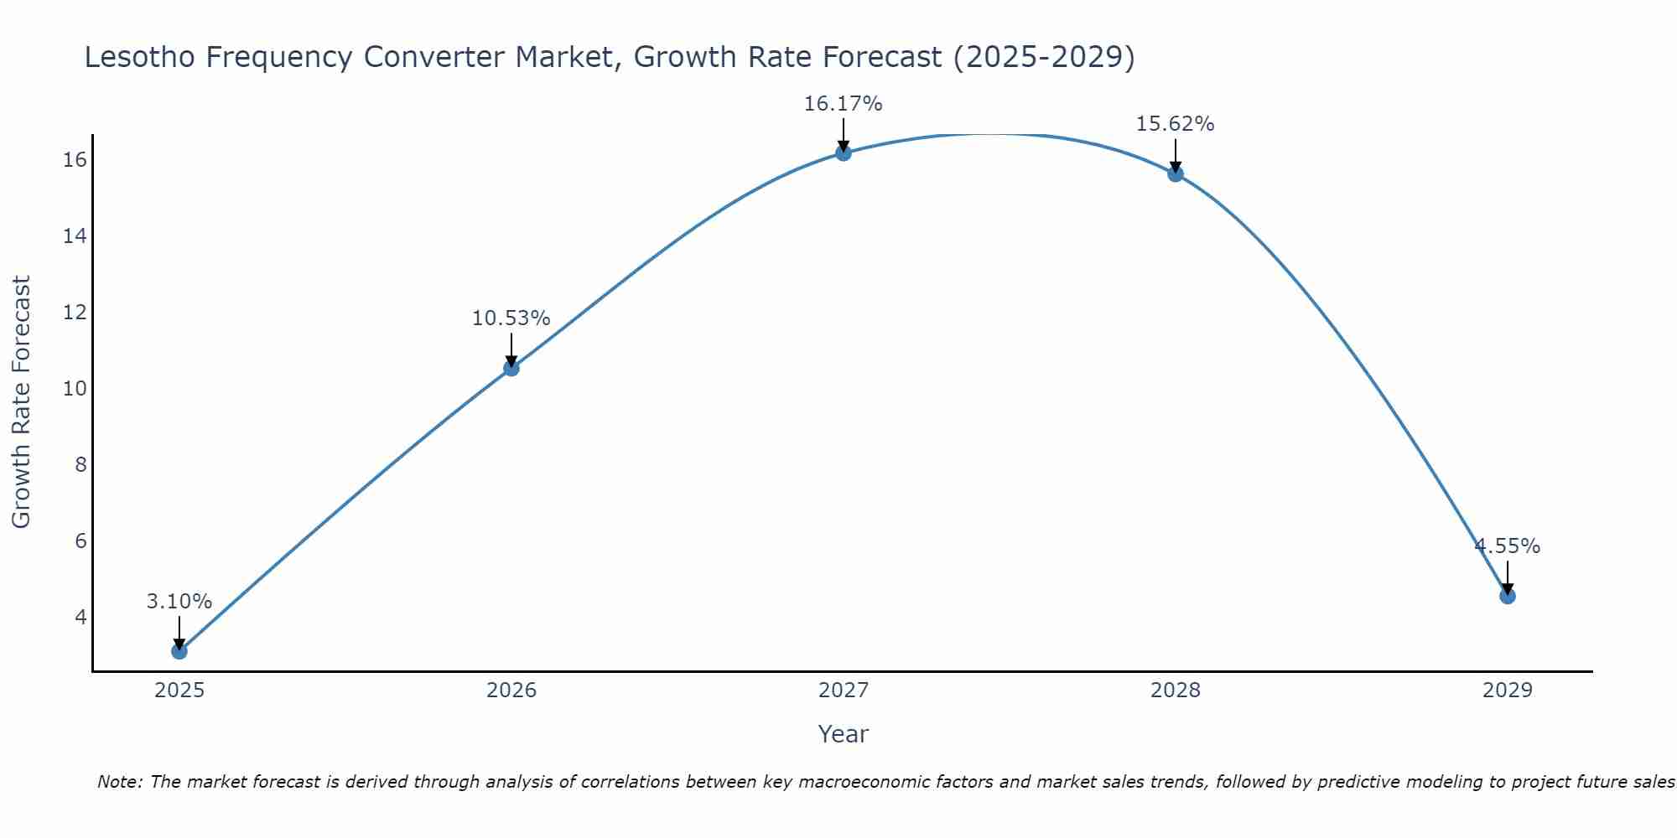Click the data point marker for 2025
179,651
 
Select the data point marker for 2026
511,368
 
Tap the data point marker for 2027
844,153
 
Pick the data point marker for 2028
1176,174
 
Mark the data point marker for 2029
1508,596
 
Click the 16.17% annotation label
843,104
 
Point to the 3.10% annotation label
179,602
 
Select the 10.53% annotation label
511,318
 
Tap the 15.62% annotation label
1175,124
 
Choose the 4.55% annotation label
1507,546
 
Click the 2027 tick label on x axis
844,691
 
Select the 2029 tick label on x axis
1508,691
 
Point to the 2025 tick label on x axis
179,691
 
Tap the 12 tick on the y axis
75,313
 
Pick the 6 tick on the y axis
80,541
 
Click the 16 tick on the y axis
75,160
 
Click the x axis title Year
843,734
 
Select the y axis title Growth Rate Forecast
21,401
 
